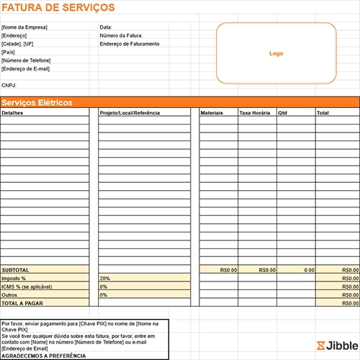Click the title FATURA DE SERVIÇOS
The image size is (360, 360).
tap(58, 7)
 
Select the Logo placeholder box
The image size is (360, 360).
tap(276, 53)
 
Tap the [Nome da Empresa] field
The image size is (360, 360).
tap(24, 27)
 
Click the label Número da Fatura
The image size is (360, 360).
tap(121, 35)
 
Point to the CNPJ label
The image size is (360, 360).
tap(9, 85)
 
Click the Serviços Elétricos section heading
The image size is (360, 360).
tap(37, 103)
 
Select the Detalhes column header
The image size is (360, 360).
tap(13, 113)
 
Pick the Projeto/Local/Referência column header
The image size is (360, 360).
tap(130, 113)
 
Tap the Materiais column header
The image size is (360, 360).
tap(212, 113)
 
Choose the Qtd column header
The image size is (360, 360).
tap(282, 113)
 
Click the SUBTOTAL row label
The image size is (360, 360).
tap(16, 270)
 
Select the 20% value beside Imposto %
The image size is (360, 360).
tap(105, 278)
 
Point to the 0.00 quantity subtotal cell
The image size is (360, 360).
tap(309, 270)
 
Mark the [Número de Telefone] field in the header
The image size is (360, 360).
tap(27, 60)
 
